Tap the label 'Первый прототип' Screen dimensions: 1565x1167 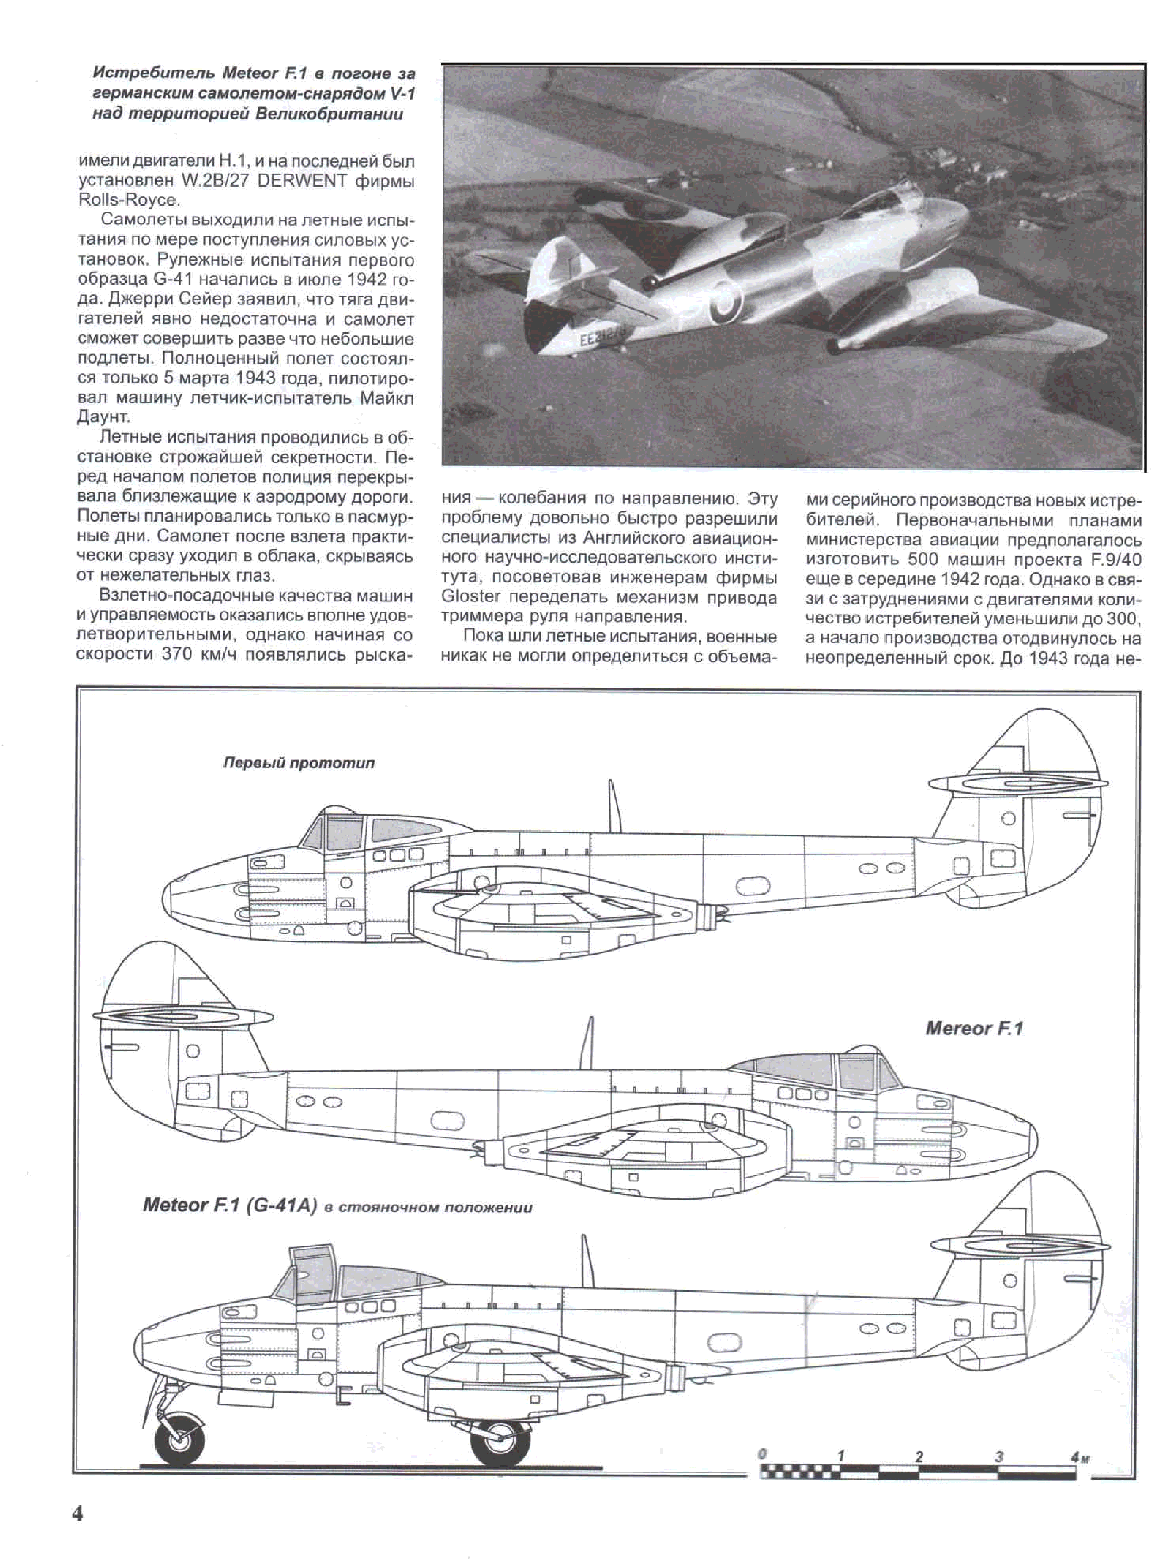tap(298, 764)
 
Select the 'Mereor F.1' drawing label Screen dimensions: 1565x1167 tap(974, 1029)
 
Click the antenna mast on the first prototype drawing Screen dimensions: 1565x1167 tap(615, 805)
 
